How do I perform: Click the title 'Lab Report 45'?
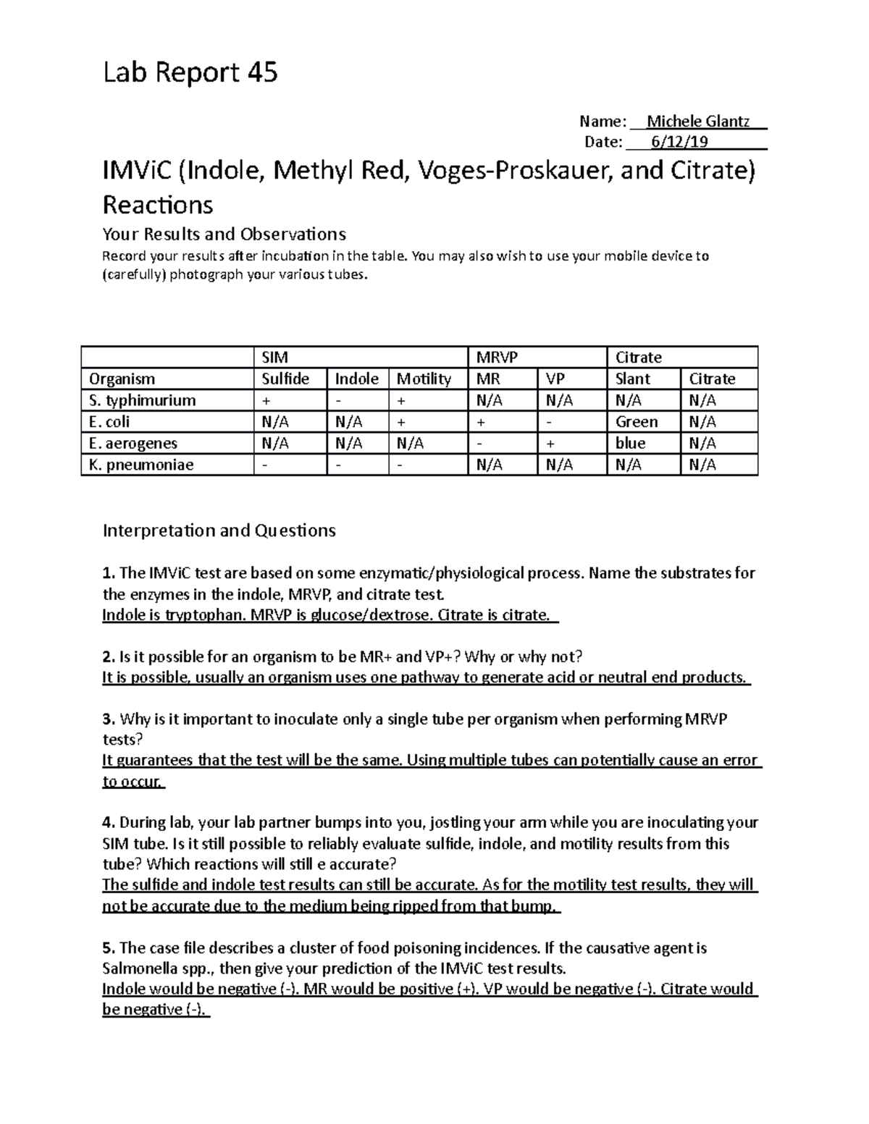pos(190,73)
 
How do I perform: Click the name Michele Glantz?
pos(697,121)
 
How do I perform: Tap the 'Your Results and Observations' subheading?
pos(224,234)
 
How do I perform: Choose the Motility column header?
pos(424,379)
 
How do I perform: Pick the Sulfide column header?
pos(285,379)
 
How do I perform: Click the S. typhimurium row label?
pos(142,400)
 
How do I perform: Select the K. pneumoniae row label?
pos(141,465)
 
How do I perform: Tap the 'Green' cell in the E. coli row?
pos(637,422)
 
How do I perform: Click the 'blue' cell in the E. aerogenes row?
pos(630,443)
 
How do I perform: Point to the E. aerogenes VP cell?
pos(551,443)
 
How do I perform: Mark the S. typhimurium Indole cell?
pos(338,400)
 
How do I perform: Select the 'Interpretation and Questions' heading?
pos(219,531)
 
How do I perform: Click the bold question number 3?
pos(108,719)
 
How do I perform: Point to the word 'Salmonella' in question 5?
pos(139,968)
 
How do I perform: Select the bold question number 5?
pos(108,948)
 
